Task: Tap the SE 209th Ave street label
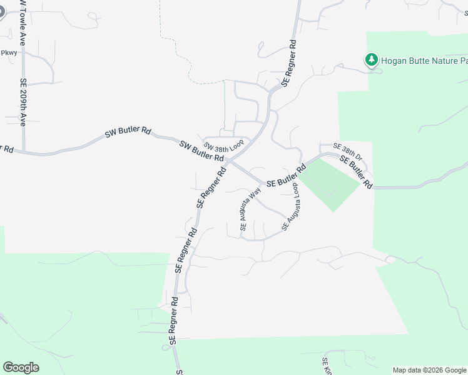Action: pyautogui.click(x=23, y=102)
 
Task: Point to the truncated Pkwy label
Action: pyautogui.click(x=9, y=53)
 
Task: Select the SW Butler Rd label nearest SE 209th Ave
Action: pyautogui.click(x=128, y=132)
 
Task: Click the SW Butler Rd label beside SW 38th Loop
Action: pyautogui.click(x=201, y=152)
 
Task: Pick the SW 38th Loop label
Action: pyautogui.click(x=223, y=145)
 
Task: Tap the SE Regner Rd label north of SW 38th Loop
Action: pyautogui.click(x=289, y=63)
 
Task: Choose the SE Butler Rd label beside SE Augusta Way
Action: pyautogui.click(x=286, y=177)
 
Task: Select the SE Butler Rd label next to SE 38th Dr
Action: pyautogui.click(x=356, y=172)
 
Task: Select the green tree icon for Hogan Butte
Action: pyautogui.click(x=372, y=59)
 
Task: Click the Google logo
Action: pyautogui.click(x=21, y=367)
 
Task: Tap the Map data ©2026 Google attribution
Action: pyautogui.click(x=429, y=370)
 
